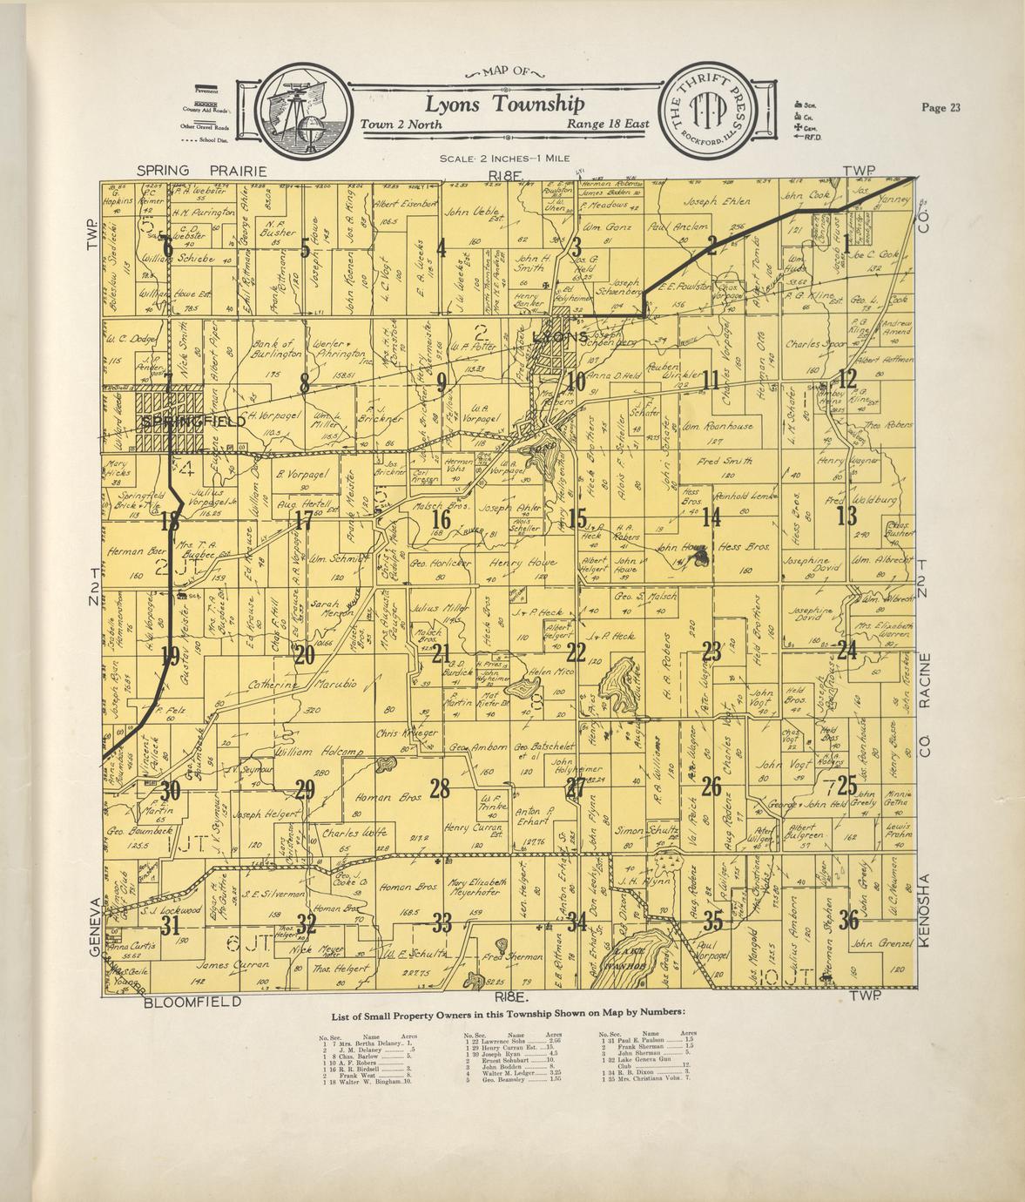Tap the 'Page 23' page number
pos(941,108)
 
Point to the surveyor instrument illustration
pos(297,112)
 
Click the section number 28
pos(440,789)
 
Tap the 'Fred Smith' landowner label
pos(725,460)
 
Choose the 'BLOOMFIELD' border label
pos(192,1003)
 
